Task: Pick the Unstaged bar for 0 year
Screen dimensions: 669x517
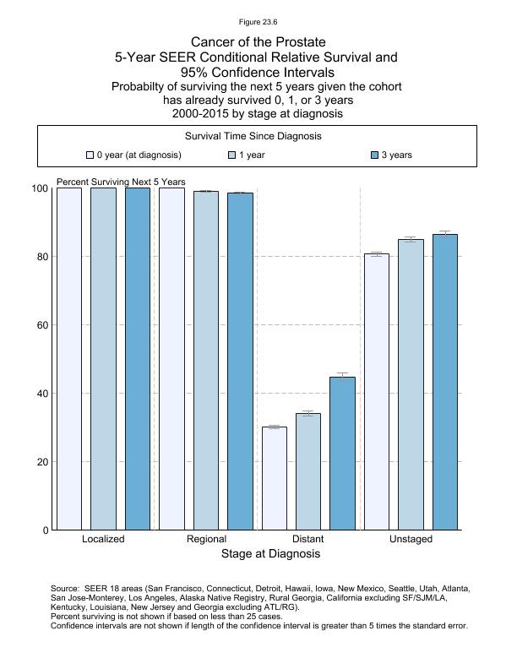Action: tap(377, 392)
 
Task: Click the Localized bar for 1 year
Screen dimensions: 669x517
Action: tap(103, 359)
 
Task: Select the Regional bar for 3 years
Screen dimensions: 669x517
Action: tap(240, 362)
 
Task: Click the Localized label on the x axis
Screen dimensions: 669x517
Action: tap(103, 539)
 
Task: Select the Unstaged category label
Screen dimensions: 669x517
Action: tap(411, 539)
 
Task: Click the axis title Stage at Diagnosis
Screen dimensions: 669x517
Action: tap(270, 554)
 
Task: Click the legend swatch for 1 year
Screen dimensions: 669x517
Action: tap(232, 155)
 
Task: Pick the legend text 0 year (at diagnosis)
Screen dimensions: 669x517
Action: tap(139, 155)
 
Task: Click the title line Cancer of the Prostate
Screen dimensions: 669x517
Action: tap(258, 42)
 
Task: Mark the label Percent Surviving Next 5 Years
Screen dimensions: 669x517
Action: tap(121, 182)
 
